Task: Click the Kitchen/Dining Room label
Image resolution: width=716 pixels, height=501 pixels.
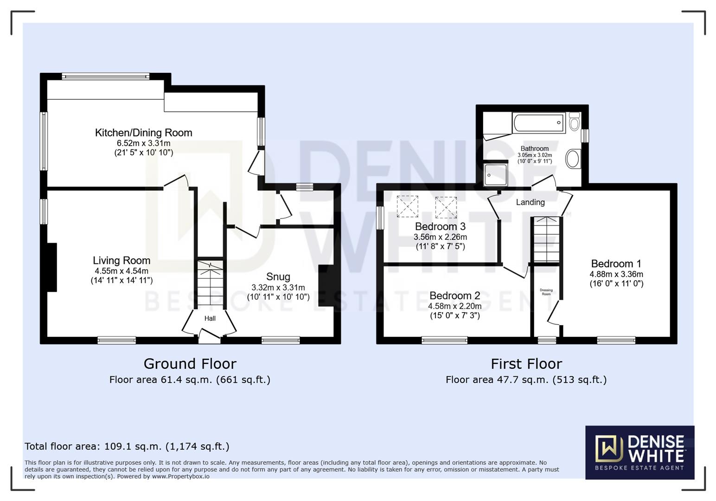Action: pyautogui.click(x=143, y=133)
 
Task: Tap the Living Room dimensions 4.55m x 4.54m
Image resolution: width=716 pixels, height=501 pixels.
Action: pyautogui.click(x=121, y=271)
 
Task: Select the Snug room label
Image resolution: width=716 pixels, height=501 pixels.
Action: pyautogui.click(x=278, y=277)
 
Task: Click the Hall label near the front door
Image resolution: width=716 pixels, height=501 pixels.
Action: pyautogui.click(x=210, y=318)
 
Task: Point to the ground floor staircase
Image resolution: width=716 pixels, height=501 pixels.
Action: pyautogui.click(x=211, y=283)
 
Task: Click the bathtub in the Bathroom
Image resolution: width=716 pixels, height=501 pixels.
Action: pyautogui.click(x=538, y=123)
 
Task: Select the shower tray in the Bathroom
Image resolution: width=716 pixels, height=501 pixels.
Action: pyautogui.click(x=495, y=174)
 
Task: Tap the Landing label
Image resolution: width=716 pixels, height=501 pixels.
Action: pyautogui.click(x=530, y=202)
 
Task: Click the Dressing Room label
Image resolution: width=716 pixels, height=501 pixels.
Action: pyautogui.click(x=546, y=292)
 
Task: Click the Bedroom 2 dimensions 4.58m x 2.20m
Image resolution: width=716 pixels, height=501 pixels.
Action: pyautogui.click(x=454, y=306)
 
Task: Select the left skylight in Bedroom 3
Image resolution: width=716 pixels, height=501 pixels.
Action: pyautogui.click(x=407, y=206)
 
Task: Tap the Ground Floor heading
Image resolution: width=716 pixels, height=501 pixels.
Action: pyautogui.click(x=190, y=364)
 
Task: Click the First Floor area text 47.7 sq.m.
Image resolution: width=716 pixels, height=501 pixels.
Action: pyautogui.click(x=526, y=380)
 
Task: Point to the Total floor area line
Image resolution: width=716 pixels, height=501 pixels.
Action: pyautogui.click(x=127, y=446)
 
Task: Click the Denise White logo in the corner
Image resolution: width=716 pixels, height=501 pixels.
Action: pyautogui.click(x=639, y=452)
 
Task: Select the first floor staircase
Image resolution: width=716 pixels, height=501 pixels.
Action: pyautogui.click(x=546, y=240)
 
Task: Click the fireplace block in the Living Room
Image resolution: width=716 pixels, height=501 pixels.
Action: pyautogui.click(x=51, y=267)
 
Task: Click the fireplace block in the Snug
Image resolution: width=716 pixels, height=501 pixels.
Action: pyautogui.click(x=326, y=285)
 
